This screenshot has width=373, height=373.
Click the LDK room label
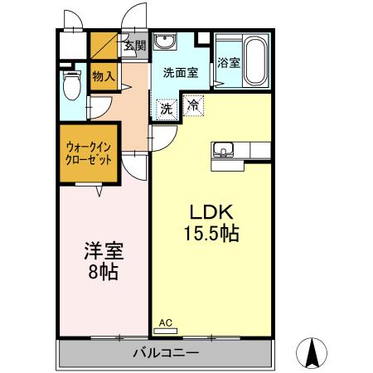click(211, 212)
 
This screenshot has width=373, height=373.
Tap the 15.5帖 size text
click(211, 234)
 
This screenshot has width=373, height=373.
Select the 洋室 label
click(104, 250)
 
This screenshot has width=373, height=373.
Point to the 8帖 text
click(103, 272)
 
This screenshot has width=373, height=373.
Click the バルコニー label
click(166, 353)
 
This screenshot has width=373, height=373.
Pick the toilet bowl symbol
click(72, 85)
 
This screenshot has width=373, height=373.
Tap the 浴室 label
click(229, 63)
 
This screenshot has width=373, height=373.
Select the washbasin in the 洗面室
click(165, 41)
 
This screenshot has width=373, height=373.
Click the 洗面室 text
click(181, 73)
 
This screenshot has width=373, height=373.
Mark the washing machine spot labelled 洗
click(167, 109)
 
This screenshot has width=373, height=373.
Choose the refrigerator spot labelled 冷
click(193, 105)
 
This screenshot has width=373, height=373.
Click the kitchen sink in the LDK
click(223, 150)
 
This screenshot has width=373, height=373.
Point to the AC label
click(166, 322)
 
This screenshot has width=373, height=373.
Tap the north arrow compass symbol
click(312, 353)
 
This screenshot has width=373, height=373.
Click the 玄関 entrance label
click(134, 46)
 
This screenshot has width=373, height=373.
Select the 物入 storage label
click(104, 76)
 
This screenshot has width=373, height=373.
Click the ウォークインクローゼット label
click(89, 153)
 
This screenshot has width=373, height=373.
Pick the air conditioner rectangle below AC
click(166, 331)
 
